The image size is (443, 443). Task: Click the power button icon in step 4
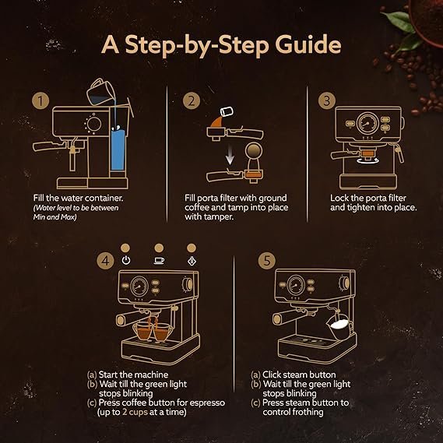pyautogui.click(x=126, y=260)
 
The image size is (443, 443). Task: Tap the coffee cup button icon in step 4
pyautogui.click(x=159, y=260)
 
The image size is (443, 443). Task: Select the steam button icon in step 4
pyautogui.click(x=191, y=260)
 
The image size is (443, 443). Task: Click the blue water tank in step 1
pyautogui.click(x=120, y=149)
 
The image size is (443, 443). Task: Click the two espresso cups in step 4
pyautogui.click(x=153, y=330)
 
